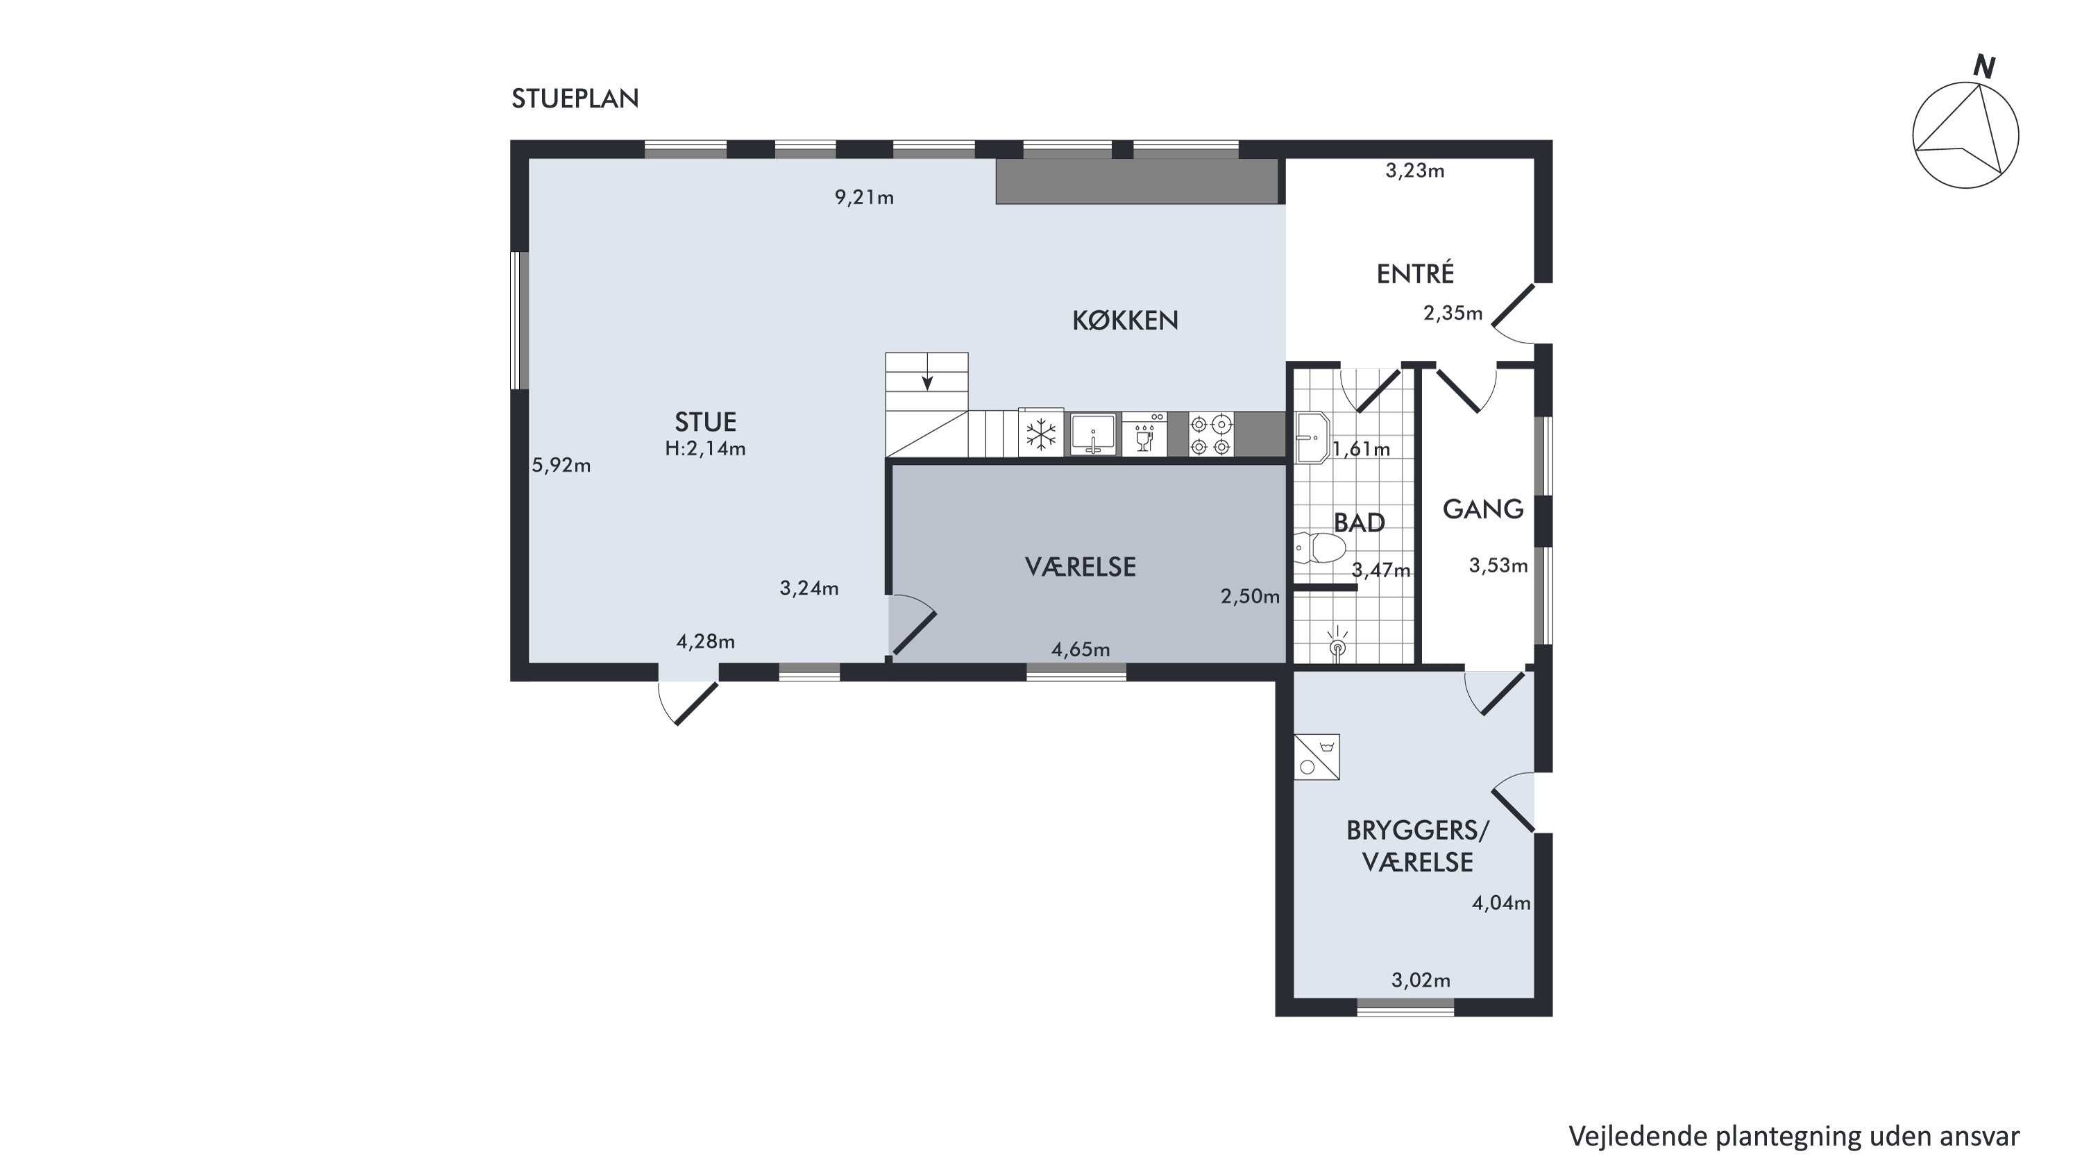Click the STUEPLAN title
click(x=575, y=99)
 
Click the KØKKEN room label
click(x=1125, y=321)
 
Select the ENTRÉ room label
click(x=1415, y=273)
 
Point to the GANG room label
click(x=1483, y=509)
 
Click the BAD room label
click(x=1360, y=523)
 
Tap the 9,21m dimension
click(x=864, y=197)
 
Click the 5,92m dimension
click(x=561, y=466)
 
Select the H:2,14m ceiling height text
click(x=705, y=448)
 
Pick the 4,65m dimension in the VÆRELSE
click(x=1081, y=649)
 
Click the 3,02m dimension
click(x=1421, y=980)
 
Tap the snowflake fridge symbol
click(x=1041, y=434)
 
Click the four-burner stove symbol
click(x=1212, y=435)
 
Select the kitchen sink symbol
click(x=1093, y=434)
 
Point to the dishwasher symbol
click(x=1144, y=434)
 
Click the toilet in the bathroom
click(x=1319, y=547)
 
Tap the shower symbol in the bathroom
click(x=1337, y=644)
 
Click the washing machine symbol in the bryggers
click(x=1317, y=756)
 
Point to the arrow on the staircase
click(x=928, y=382)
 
